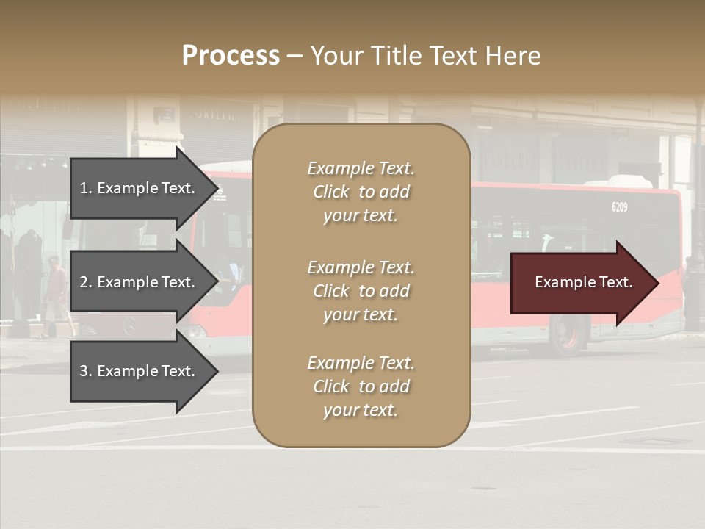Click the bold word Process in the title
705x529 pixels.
pos(231,56)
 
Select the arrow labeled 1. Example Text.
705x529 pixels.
pos(140,188)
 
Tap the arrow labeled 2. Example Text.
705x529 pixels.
pos(140,282)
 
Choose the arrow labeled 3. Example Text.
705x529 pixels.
pos(140,371)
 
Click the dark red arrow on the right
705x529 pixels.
pos(580,283)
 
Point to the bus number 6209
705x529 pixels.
pos(619,207)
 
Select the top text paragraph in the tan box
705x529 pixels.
pos(361,192)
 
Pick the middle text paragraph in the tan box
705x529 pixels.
pos(361,291)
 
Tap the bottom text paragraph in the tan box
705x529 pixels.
pos(361,386)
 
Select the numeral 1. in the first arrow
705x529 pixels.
pos(86,188)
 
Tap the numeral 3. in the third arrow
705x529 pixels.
pos(86,371)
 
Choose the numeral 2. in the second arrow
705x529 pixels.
pos(86,282)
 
